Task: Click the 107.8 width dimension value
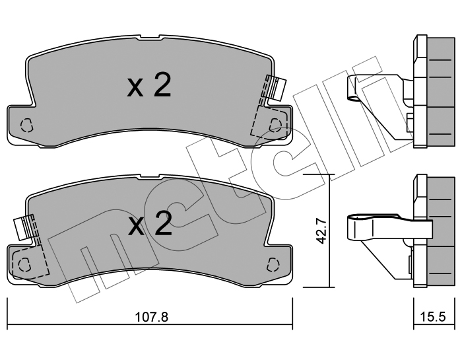[151, 317]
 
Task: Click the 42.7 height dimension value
[321, 231]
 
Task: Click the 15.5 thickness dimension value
[433, 317]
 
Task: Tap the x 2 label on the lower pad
[150, 224]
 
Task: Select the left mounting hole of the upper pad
[26, 125]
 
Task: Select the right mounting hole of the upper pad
[275, 125]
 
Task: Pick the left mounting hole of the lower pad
[24, 264]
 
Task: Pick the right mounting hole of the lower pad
[273, 264]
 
